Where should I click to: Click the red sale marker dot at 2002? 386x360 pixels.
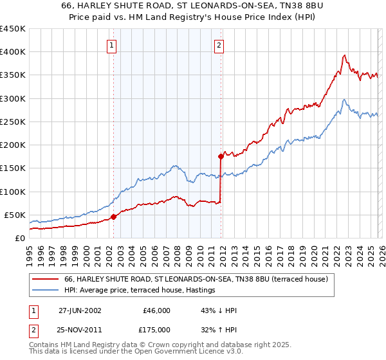point(114,217)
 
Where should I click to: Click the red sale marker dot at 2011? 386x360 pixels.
point(221,156)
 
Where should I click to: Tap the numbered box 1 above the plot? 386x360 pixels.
point(112,45)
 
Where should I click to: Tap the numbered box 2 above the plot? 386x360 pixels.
point(219,45)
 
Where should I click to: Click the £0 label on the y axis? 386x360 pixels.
point(19,238)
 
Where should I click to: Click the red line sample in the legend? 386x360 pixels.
point(46,280)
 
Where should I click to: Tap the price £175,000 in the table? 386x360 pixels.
point(157,328)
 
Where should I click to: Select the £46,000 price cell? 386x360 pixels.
point(157,310)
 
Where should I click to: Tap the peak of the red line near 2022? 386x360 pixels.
point(345,55)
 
